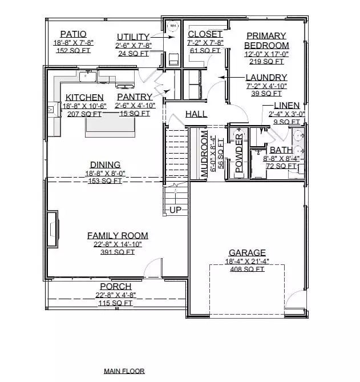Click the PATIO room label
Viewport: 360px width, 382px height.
point(74,34)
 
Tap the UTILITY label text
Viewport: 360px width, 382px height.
point(133,37)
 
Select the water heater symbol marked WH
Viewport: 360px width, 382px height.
point(173,25)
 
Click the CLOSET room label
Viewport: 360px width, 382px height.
point(205,34)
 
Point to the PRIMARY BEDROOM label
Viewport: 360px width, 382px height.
point(266,40)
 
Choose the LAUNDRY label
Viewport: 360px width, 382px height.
point(266,78)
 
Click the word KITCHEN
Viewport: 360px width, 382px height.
point(84,98)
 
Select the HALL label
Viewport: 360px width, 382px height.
point(196,114)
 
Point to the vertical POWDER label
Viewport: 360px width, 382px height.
point(239,154)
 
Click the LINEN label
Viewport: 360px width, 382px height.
point(286,106)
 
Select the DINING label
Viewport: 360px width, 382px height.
point(105,165)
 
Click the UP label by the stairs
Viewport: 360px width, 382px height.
point(175,211)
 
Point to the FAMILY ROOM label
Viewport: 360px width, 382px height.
point(118,235)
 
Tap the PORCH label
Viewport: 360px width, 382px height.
point(116,286)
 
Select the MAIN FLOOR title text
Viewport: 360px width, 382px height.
point(124,371)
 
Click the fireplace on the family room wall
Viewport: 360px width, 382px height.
point(52,228)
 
